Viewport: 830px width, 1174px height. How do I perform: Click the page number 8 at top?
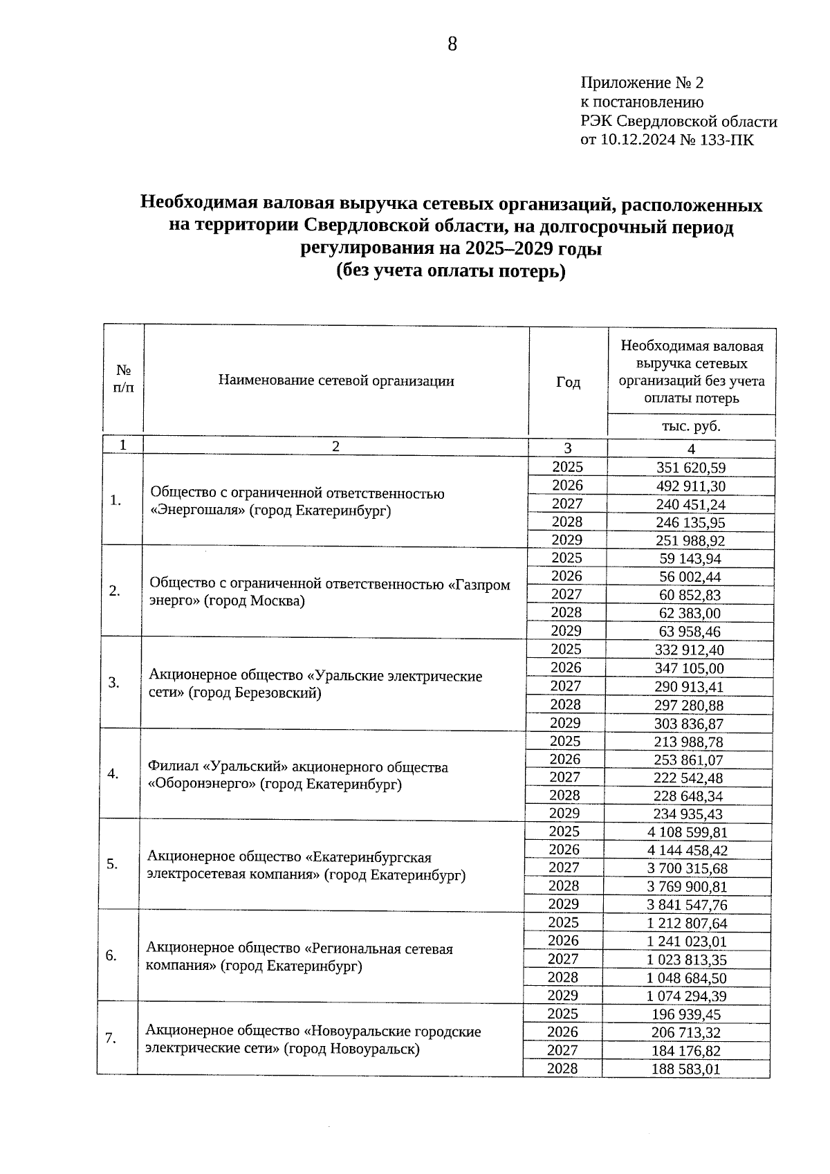[x=452, y=45]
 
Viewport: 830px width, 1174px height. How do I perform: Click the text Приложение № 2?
[x=641, y=83]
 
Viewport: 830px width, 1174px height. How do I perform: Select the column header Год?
[x=568, y=383]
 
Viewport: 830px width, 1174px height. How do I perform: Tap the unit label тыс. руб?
[x=691, y=426]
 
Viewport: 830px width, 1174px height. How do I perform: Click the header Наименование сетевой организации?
[x=336, y=380]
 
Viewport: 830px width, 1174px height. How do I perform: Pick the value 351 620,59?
[x=690, y=468]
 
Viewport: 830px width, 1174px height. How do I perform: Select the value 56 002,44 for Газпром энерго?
[x=690, y=577]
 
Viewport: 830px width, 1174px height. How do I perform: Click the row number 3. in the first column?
[x=115, y=683]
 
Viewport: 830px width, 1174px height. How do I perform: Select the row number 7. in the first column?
[x=111, y=1039]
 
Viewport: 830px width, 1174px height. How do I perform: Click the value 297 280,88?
[x=688, y=706]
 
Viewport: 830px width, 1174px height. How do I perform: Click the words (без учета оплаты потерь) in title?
[x=451, y=272]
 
